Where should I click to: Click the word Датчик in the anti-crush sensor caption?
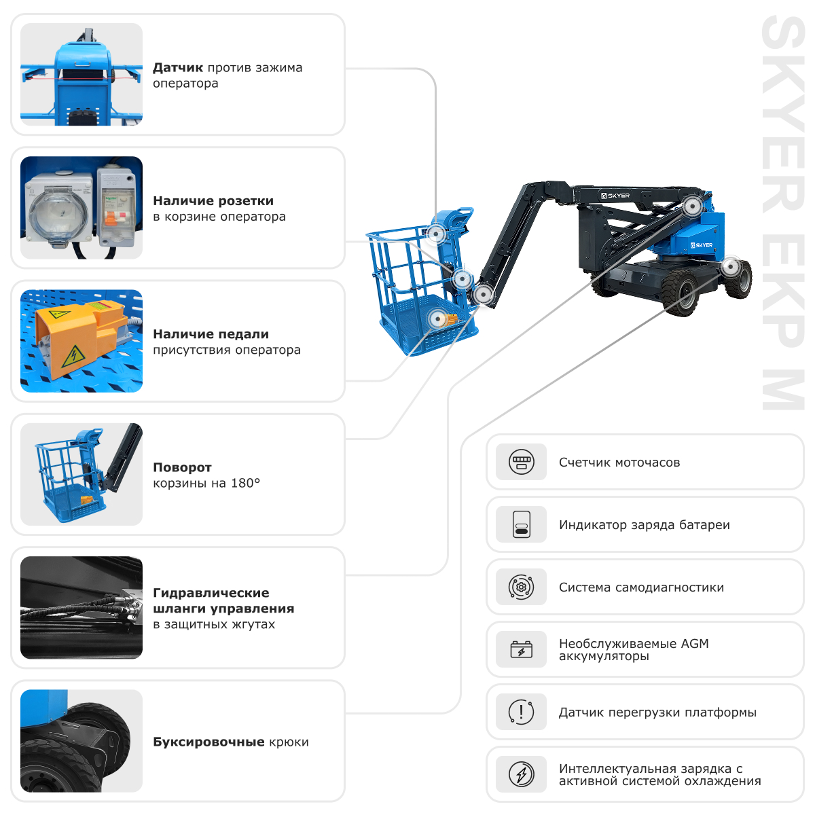178,68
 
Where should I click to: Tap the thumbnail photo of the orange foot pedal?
81,341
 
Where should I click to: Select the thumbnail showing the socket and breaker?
81,208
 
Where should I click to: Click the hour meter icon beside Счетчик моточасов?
521,462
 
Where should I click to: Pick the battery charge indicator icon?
521,524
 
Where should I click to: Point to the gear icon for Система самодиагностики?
521,587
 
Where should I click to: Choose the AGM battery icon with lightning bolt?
521,649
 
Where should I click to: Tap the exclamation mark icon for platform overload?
521,712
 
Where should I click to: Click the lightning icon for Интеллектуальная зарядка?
521,774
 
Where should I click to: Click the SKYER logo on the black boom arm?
615,196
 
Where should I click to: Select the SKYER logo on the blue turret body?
702,245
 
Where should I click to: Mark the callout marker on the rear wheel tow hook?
730,266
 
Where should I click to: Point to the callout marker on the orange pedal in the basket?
437,319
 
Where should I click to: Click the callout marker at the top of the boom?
692,206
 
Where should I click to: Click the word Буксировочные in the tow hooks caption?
209,742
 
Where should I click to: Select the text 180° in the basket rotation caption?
245,483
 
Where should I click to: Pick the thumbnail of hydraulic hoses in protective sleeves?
81,607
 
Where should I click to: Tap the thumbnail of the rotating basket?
81,474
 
